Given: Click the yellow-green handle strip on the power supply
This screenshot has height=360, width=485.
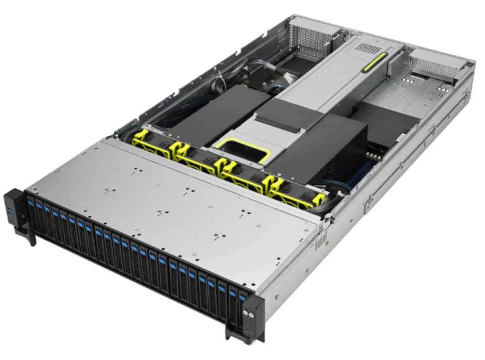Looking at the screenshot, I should click(374, 63).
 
